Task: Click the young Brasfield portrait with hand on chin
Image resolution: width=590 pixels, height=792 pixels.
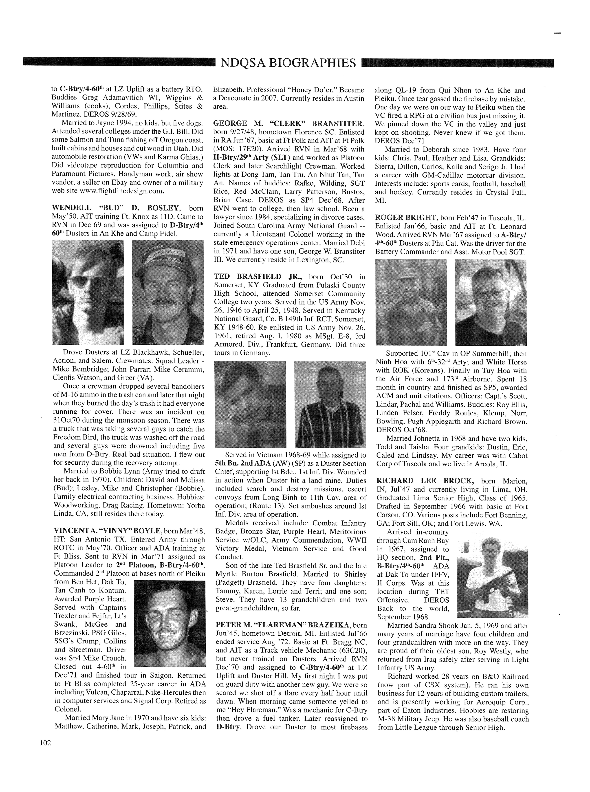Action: (x=250, y=404)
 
